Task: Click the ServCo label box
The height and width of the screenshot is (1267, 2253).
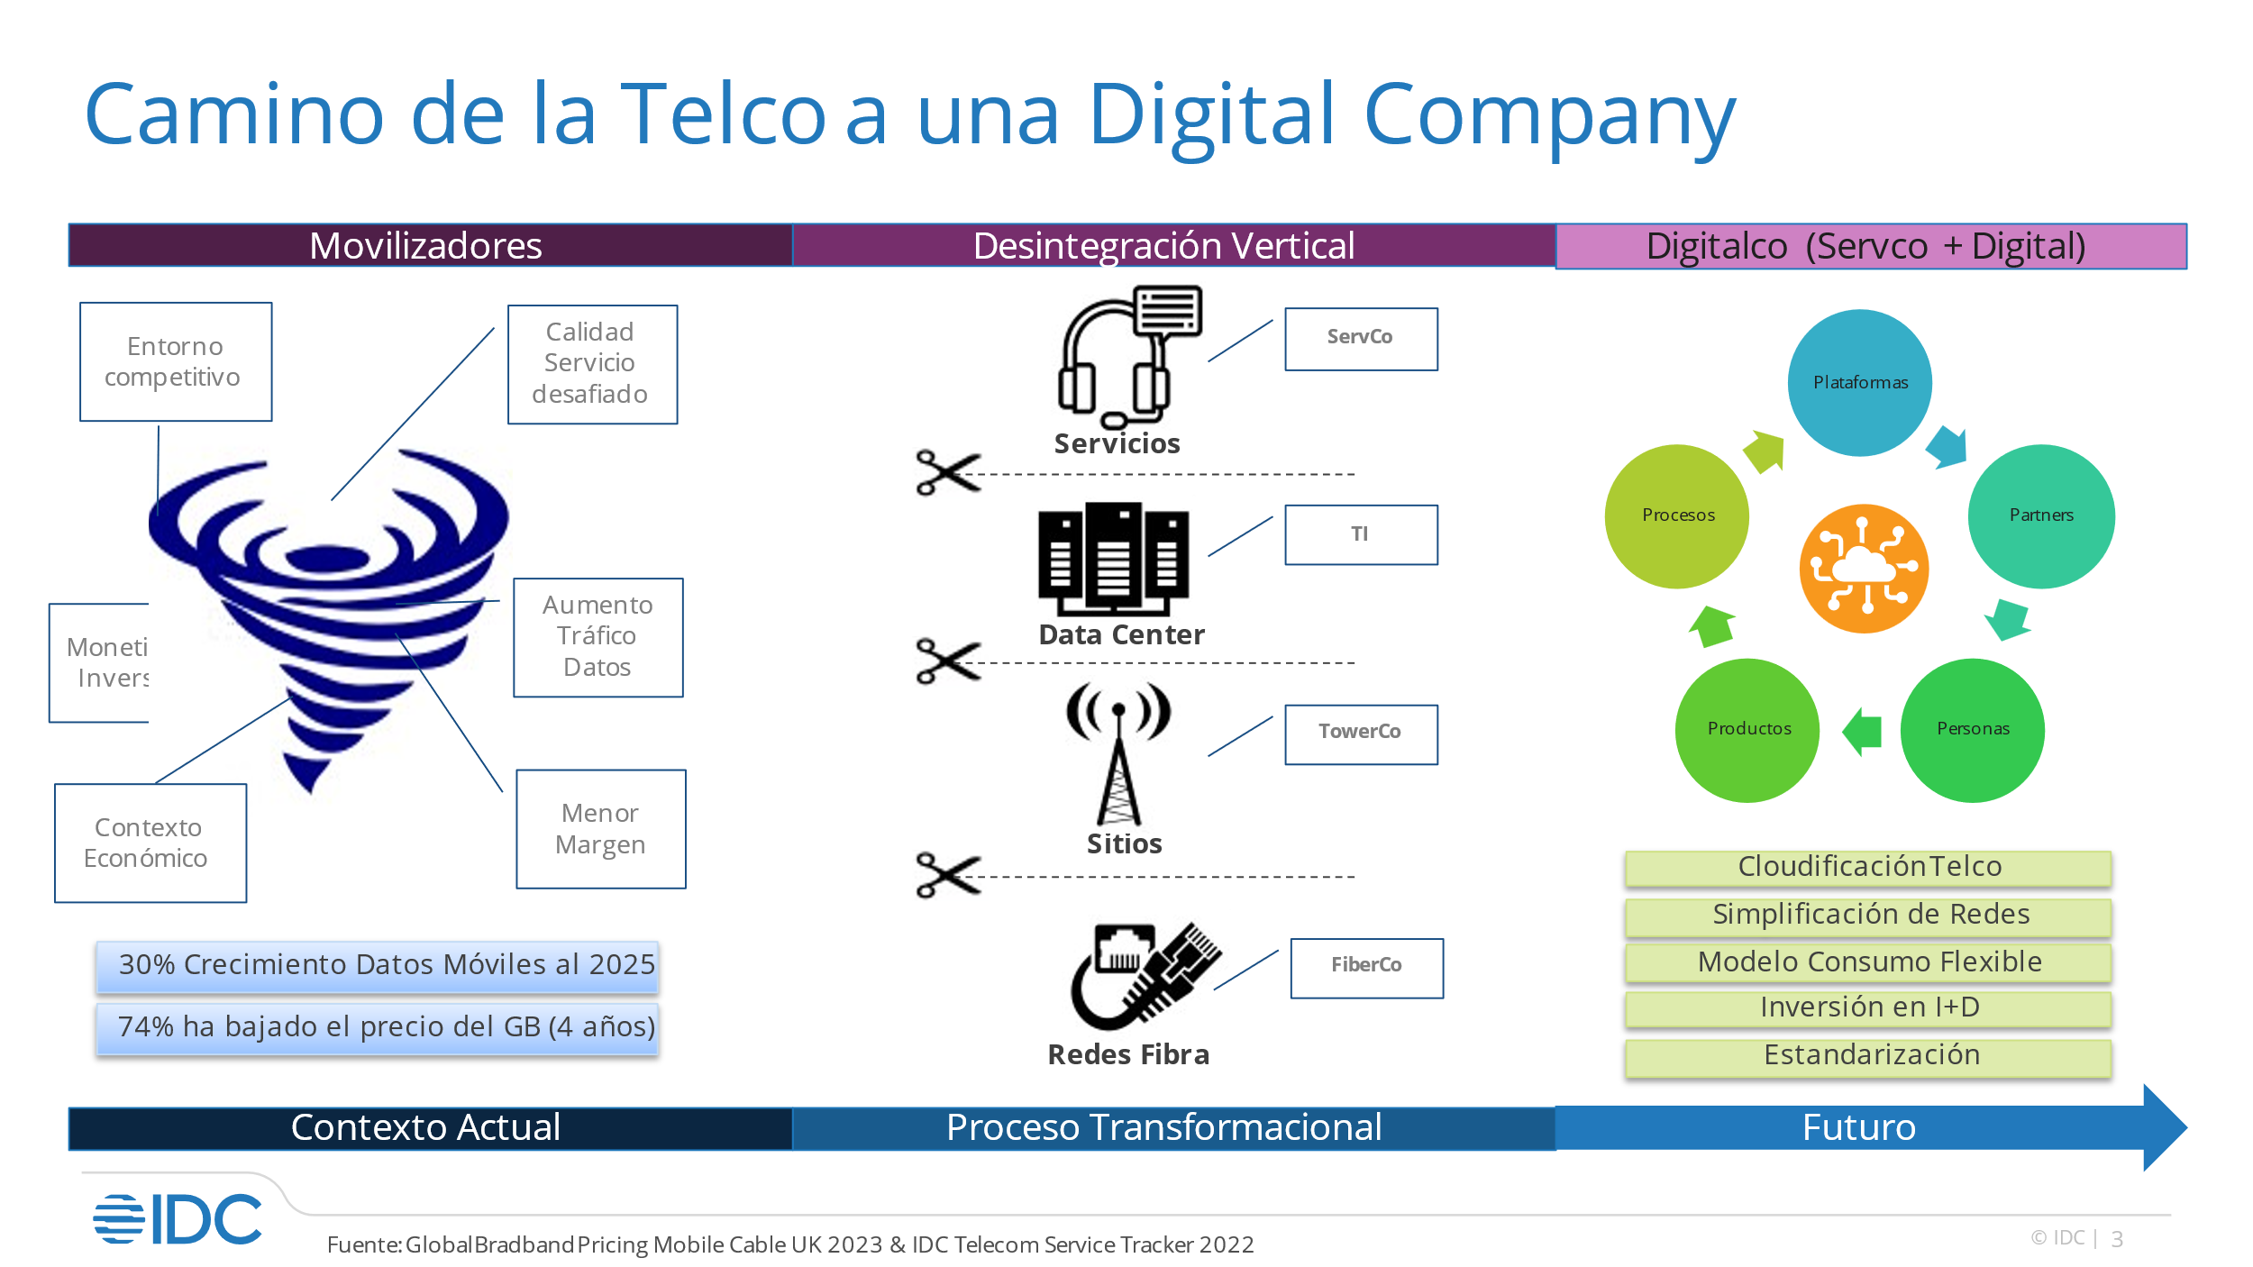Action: coord(1360,339)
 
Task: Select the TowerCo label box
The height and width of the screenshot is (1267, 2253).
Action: coord(1360,734)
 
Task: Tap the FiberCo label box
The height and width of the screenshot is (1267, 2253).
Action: coord(1365,968)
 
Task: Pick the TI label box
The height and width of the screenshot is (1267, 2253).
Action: coord(1360,534)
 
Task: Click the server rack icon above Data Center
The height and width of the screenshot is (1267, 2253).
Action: coord(1113,558)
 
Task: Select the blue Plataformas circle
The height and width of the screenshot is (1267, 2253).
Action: coord(1859,383)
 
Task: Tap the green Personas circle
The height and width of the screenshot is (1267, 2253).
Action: coord(1972,730)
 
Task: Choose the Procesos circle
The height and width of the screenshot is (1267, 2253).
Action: coord(1676,516)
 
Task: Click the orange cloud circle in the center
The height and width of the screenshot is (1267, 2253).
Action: coord(1864,568)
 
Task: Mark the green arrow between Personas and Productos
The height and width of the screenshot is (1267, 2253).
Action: coord(1862,730)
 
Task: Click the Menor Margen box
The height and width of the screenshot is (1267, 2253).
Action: coord(600,828)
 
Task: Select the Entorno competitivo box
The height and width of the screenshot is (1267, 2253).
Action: coord(176,361)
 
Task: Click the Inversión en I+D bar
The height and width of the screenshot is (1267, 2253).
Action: coord(1868,1008)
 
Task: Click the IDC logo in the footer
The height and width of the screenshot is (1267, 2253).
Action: coord(178,1219)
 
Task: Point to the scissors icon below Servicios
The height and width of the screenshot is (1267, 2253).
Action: coord(947,472)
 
